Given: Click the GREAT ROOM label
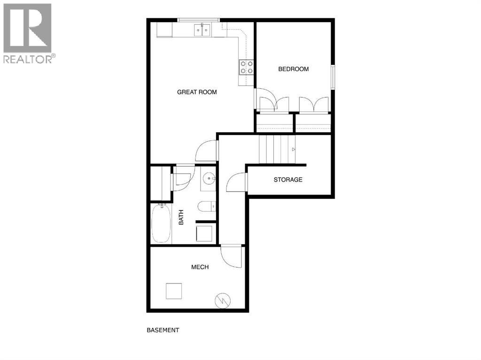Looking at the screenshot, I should [197, 92].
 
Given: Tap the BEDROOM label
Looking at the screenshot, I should [294, 69].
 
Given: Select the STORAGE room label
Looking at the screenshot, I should [288, 179].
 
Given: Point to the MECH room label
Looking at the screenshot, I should [200, 267].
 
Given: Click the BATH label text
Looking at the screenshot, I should [181, 217].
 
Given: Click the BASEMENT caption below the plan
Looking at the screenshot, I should [163, 330].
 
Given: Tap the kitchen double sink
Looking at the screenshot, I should [203, 31].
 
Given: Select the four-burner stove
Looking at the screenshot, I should [247, 67].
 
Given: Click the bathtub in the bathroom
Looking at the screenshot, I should [161, 223].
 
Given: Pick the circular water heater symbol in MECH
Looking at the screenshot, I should [222, 301].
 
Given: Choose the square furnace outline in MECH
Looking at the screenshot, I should [174, 291].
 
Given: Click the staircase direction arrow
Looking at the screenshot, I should [294, 149].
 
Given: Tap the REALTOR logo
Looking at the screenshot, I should [28, 33].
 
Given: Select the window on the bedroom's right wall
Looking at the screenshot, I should [333, 77].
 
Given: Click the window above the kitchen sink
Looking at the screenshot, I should [198, 20].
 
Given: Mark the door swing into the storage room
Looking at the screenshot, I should [236, 183].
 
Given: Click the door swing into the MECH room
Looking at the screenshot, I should [231, 256].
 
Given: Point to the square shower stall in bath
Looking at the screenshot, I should [204, 233].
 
